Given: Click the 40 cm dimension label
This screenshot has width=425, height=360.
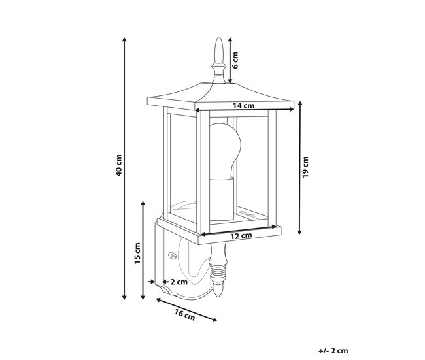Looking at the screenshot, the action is [118, 165].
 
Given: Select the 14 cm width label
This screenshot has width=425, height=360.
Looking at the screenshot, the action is [244, 105].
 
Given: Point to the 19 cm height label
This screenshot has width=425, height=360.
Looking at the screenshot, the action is [305, 167].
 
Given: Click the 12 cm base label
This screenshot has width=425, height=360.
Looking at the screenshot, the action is [241, 236].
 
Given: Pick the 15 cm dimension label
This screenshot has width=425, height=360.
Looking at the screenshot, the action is [137, 254].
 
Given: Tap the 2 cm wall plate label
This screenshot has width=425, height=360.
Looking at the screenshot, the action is [179, 282].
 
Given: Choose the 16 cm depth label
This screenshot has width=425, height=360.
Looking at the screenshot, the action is [185, 315].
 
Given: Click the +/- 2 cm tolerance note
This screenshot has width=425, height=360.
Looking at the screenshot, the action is [333, 351].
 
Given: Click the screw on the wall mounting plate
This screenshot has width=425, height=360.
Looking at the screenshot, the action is [172, 255].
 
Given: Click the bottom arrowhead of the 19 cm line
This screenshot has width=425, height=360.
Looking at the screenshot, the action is [299, 232].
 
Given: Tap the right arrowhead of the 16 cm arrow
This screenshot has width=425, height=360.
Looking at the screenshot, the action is [214, 320].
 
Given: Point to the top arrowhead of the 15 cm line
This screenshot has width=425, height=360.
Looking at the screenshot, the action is [143, 204].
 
